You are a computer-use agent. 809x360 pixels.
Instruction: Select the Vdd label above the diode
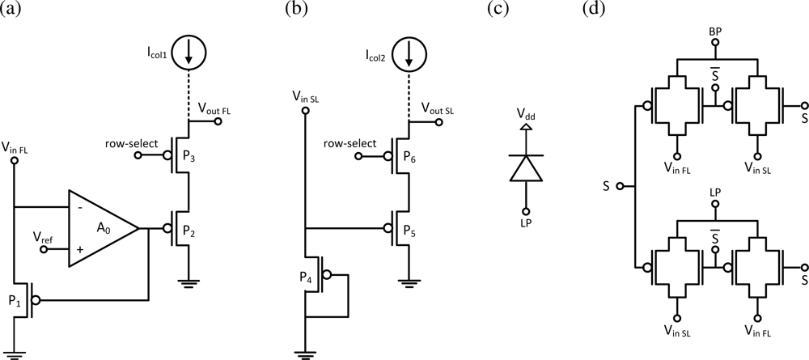pyautogui.click(x=527, y=116)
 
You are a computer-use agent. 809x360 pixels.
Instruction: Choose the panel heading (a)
pyautogui.click(x=15, y=11)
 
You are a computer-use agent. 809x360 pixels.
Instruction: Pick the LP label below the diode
pyautogui.click(x=527, y=222)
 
